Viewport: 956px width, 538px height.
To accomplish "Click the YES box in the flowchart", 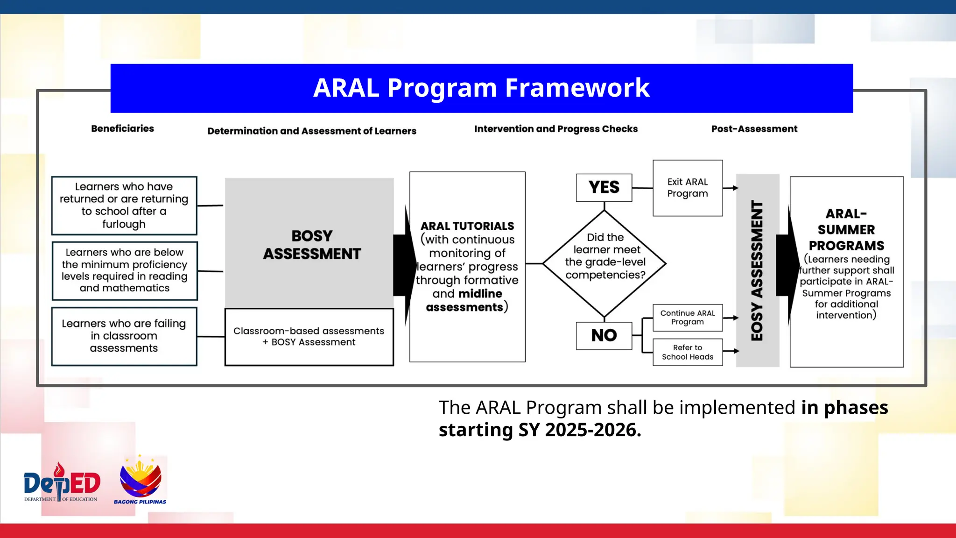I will coord(604,188).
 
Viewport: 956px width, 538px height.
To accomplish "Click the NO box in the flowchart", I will coord(604,335).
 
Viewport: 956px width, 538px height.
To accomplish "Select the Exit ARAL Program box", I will coord(688,188).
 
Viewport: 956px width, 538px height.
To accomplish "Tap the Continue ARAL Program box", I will coord(688,318).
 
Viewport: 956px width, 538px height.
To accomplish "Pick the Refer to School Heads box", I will coord(688,352).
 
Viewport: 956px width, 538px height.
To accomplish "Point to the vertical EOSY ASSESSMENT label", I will coord(757,271).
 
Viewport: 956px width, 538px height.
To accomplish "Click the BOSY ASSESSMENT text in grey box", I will coord(312,245).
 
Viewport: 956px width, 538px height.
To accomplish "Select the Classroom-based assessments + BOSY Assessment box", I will coord(309,337).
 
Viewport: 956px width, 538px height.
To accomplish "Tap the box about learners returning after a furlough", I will coord(124,205).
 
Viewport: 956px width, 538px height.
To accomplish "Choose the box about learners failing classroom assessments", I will coord(124,336).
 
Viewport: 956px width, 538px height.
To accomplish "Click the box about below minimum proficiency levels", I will coord(125,270).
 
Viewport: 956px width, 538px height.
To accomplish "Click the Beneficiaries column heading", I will coord(123,128).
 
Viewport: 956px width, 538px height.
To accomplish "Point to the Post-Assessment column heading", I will coord(754,129).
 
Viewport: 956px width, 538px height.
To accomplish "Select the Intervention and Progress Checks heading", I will coord(556,129).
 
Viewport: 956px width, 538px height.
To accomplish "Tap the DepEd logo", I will coord(62,483).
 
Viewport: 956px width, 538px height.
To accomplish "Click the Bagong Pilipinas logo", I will coord(140,481).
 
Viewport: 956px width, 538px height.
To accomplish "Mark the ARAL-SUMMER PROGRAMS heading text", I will coord(846,230).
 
